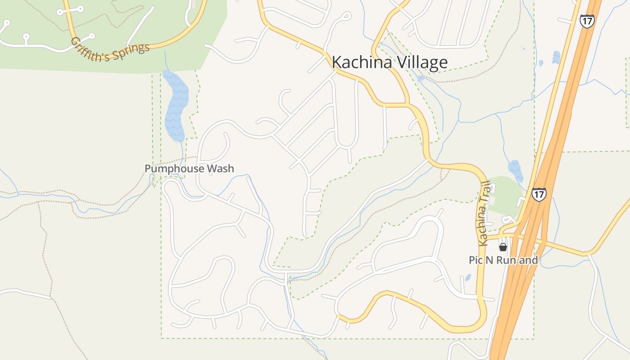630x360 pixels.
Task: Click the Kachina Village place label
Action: tap(390, 63)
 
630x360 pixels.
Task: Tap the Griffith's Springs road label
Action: tap(110, 50)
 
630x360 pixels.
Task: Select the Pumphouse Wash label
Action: tap(189, 169)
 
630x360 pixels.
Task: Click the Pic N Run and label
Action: tap(503, 260)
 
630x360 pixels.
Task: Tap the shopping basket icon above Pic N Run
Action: tap(503, 247)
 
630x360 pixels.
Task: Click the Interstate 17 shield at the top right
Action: tap(587, 21)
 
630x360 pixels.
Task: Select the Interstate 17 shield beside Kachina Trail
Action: tap(539, 194)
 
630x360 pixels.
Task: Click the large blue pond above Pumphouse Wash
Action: tap(175, 106)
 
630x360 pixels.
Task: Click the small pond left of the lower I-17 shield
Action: tap(515, 170)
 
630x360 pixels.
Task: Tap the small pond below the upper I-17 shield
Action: tap(556, 57)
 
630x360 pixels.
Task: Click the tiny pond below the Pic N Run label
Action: tap(468, 277)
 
